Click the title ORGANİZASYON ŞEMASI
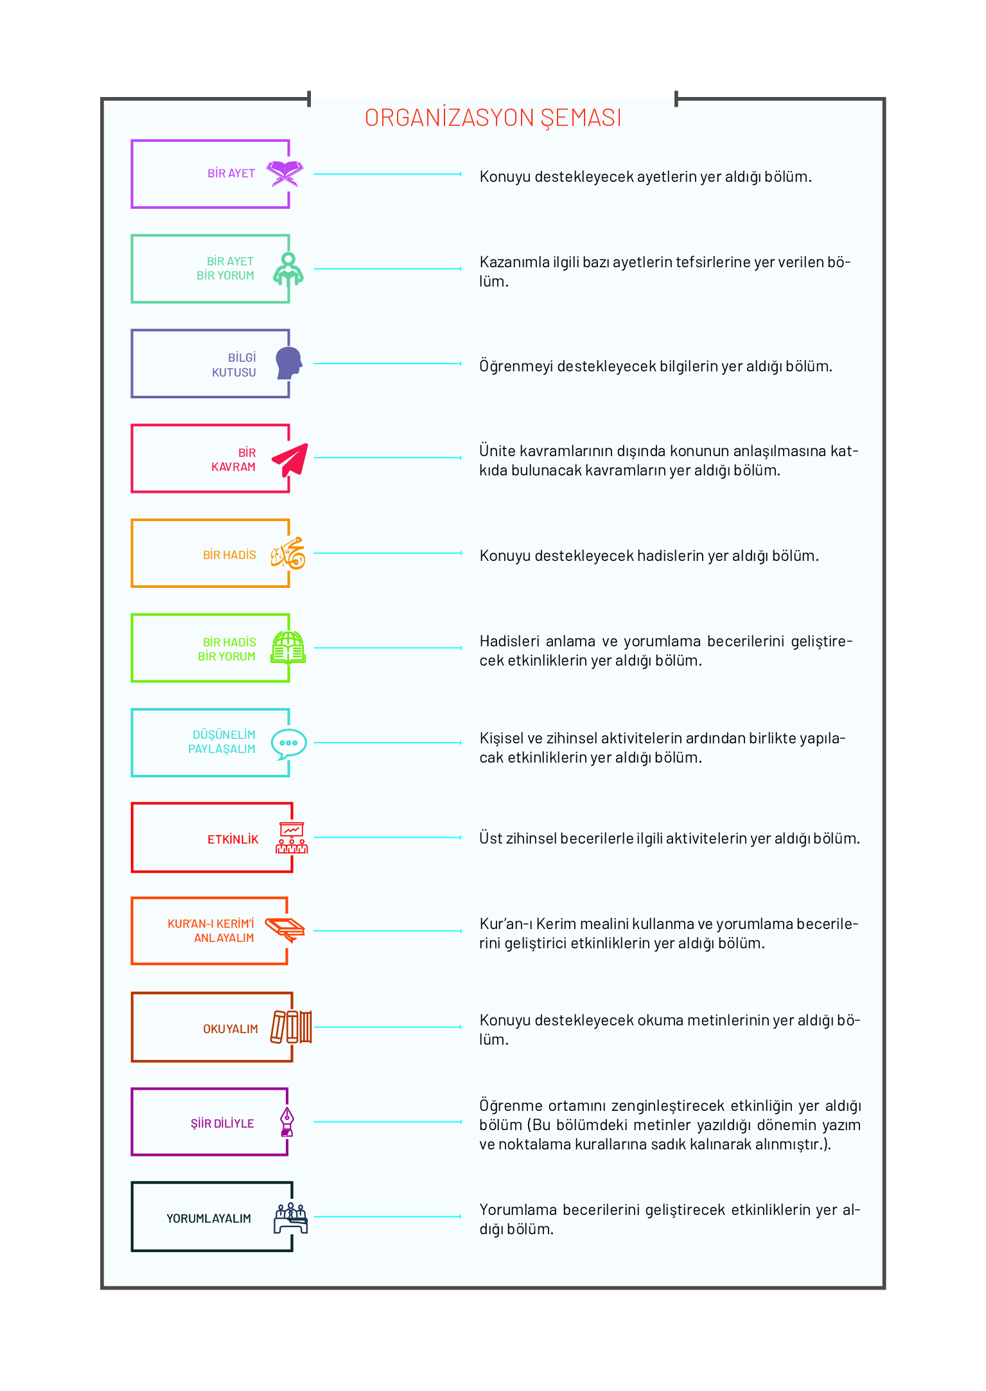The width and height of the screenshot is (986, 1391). click(x=493, y=118)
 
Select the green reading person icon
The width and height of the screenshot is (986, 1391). click(x=288, y=269)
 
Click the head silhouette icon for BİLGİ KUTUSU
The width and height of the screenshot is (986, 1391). click(x=289, y=363)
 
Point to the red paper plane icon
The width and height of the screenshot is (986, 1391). click(x=290, y=459)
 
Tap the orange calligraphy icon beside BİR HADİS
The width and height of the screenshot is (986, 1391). click(x=288, y=553)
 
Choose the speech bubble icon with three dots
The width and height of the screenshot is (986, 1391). click(x=288, y=744)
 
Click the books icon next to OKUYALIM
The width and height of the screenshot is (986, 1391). click(x=291, y=1027)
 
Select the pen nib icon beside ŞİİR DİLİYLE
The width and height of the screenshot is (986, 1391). click(x=287, y=1122)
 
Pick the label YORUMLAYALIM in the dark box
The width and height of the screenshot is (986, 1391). click(x=209, y=1219)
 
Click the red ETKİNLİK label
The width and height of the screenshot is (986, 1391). click(x=233, y=840)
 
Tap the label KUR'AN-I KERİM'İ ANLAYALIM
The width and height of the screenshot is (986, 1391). click(x=211, y=931)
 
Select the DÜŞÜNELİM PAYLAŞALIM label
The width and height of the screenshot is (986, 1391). click(x=222, y=742)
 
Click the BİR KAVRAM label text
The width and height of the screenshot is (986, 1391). click(x=234, y=460)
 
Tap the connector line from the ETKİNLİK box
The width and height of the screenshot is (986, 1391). click(x=387, y=838)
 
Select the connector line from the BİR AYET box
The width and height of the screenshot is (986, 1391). click(x=387, y=174)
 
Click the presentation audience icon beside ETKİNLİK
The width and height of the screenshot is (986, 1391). click(x=292, y=838)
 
